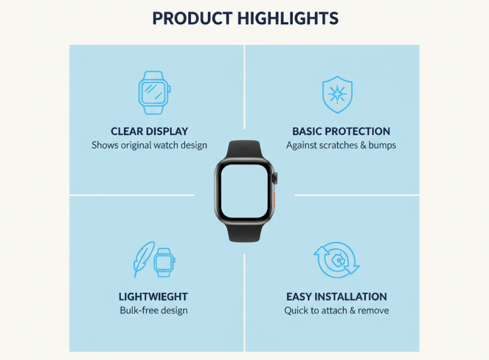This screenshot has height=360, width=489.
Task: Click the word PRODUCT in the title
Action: click(x=192, y=18)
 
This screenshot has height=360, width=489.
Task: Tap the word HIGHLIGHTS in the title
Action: click(x=288, y=18)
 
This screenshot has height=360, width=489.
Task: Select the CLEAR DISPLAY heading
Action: click(x=150, y=131)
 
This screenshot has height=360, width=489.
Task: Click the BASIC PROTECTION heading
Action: click(x=341, y=131)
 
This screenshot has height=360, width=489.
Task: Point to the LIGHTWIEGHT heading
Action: click(x=153, y=296)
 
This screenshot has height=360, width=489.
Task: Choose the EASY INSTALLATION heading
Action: click(x=337, y=296)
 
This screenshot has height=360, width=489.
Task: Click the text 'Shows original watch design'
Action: click(x=150, y=145)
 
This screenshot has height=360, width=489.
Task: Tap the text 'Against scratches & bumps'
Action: click(x=341, y=145)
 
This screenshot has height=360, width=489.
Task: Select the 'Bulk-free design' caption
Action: click(x=154, y=311)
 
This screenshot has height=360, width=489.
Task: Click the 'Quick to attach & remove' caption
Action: click(x=337, y=311)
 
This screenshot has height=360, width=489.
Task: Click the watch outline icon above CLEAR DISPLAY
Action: click(x=154, y=93)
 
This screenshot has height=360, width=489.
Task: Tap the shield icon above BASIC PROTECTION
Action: click(x=338, y=94)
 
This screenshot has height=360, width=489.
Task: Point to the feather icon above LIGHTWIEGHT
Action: click(x=143, y=259)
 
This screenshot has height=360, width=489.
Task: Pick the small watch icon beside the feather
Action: click(x=165, y=262)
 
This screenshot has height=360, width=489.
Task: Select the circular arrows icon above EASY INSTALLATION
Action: click(x=337, y=260)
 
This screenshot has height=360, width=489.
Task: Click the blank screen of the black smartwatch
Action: click(x=244, y=191)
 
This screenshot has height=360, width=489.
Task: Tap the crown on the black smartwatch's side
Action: click(x=275, y=178)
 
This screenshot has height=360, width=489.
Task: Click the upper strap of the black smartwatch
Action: click(x=244, y=150)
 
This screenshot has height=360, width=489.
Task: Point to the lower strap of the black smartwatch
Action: click(x=244, y=232)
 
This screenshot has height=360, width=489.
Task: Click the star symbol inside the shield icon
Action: click(x=338, y=94)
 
